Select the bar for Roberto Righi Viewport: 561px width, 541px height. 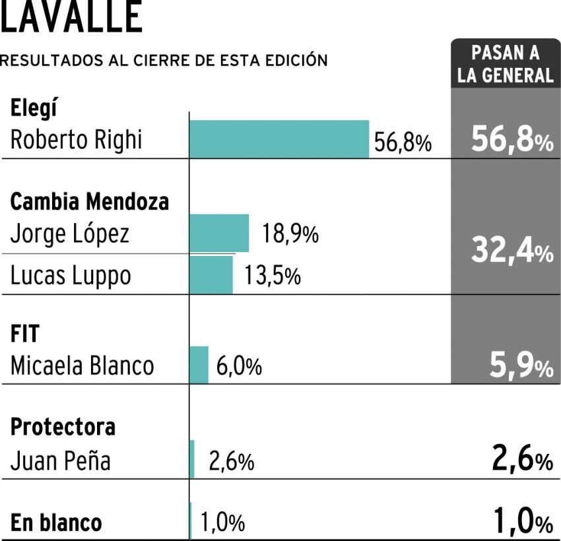[x=279, y=139]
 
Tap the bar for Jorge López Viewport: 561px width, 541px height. [x=219, y=233]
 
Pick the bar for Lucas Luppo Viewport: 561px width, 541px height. [x=211, y=274]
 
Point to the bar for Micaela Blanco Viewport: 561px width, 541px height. [x=199, y=365]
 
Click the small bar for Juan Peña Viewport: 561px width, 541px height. [x=192, y=459]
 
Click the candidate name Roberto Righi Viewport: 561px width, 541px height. [x=76, y=140]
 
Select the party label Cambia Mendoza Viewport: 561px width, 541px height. [x=90, y=201]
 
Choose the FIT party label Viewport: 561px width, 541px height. [x=25, y=334]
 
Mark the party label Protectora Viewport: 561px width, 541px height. [x=63, y=427]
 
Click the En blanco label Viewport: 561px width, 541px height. [x=56, y=523]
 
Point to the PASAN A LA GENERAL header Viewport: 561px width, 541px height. [x=506, y=65]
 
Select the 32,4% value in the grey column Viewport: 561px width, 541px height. [x=511, y=251]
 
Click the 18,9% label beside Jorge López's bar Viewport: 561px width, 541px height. [x=291, y=234]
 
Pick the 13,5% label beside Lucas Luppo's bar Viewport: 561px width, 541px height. [x=273, y=276]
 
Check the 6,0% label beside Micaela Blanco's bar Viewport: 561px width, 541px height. [x=238, y=366]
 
